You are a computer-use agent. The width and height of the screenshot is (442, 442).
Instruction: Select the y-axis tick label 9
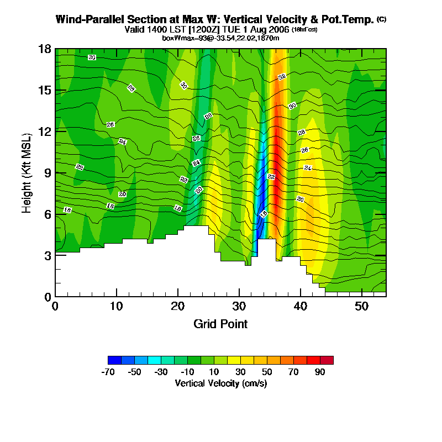point(48,173)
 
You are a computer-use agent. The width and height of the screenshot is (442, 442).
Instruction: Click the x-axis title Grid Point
point(220,324)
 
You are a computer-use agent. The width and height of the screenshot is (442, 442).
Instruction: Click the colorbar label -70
point(108,372)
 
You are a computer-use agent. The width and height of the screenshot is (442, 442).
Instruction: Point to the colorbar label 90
point(320,372)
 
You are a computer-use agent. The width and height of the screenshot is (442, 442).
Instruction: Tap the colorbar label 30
point(241,372)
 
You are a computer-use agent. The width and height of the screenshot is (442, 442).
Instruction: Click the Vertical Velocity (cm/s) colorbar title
point(220,383)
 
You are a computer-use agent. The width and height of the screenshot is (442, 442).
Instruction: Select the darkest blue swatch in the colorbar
point(115,360)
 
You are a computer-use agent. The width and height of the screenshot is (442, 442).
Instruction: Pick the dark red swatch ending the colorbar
point(327,360)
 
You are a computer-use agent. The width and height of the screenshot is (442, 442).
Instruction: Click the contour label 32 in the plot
point(282,77)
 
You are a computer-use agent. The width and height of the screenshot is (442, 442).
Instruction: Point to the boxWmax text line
point(220,38)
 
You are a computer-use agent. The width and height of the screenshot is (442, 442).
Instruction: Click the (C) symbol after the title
point(381,19)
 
